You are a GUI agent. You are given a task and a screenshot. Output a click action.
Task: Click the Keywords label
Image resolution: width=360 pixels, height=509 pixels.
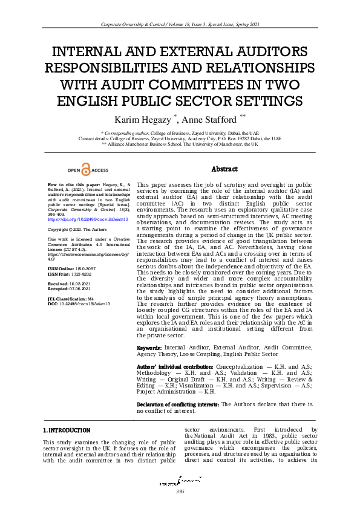pyautogui.click(x=149, y=348)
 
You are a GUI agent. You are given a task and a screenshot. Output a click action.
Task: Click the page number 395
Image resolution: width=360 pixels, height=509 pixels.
pyautogui.click(x=180, y=491)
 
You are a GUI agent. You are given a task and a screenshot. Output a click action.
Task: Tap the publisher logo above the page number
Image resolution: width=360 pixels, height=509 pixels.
pyautogui.click(x=180, y=482)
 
